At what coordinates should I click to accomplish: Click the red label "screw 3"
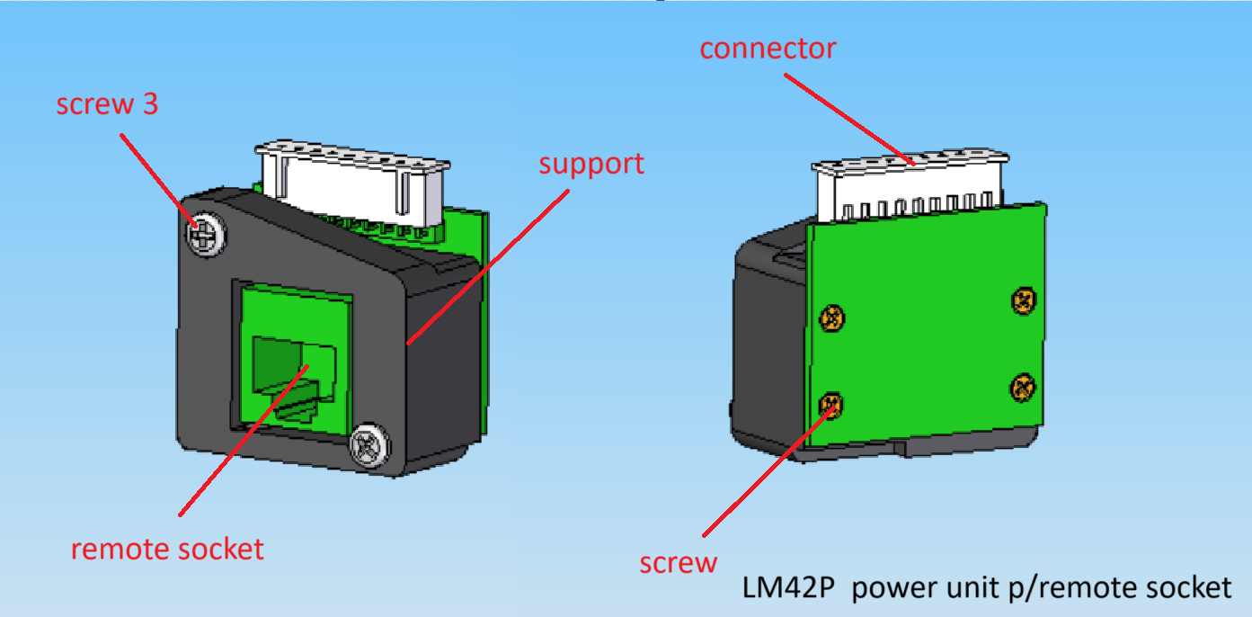coord(107,104)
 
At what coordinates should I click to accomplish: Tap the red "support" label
coord(591,165)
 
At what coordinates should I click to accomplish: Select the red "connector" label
coord(768,49)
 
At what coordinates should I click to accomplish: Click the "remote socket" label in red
coord(167,549)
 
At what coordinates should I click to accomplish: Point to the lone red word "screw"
coord(678,563)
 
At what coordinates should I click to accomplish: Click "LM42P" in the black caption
coord(788,588)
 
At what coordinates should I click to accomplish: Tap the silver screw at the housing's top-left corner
coord(206,235)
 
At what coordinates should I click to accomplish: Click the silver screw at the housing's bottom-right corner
coord(369,446)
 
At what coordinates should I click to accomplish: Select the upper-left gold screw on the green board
coord(831,319)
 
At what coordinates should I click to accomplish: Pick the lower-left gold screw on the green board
coord(831,405)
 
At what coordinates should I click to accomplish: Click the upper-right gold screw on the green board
coord(1024,301)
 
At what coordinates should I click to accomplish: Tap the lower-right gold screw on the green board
coord(1023,387)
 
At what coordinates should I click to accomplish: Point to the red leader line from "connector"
coord(849,119)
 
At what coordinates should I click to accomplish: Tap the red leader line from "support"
coord(488,267)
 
